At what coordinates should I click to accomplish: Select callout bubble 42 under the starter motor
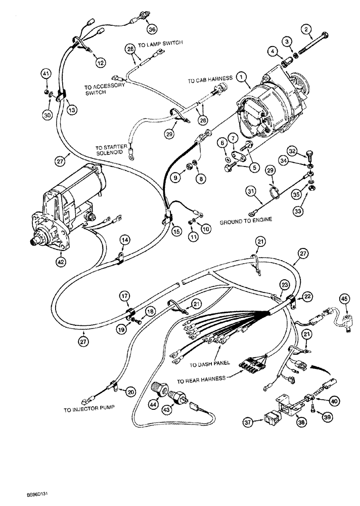click(x=61, y=262)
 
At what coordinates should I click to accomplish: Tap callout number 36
click(x=152, y=28)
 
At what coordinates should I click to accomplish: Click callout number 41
click(x=46, y=75)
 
